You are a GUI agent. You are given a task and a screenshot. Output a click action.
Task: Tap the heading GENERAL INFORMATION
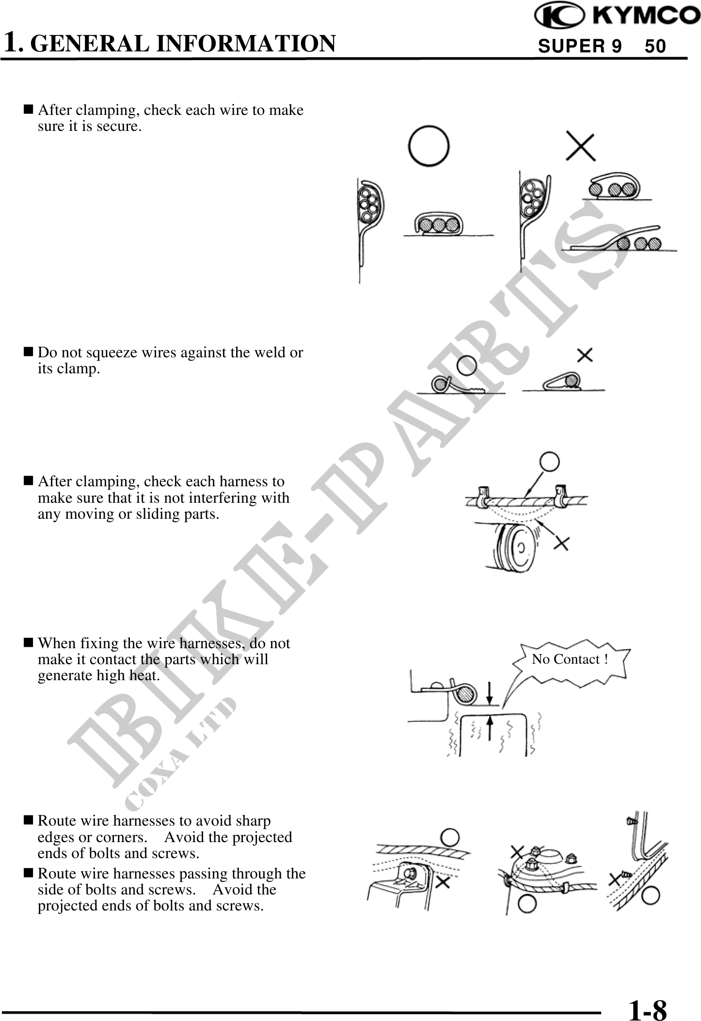186,43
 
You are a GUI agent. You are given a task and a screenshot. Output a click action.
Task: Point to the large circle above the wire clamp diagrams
429,146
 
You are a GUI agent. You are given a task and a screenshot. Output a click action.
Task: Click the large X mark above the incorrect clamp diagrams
581,146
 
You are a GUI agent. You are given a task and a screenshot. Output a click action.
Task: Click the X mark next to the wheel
561,542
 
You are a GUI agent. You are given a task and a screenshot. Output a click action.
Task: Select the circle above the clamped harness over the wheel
549,462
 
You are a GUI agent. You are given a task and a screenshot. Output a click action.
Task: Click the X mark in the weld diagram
585,355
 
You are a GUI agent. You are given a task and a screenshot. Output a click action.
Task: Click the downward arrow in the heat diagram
490,692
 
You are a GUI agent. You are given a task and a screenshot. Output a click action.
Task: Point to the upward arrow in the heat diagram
490,729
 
